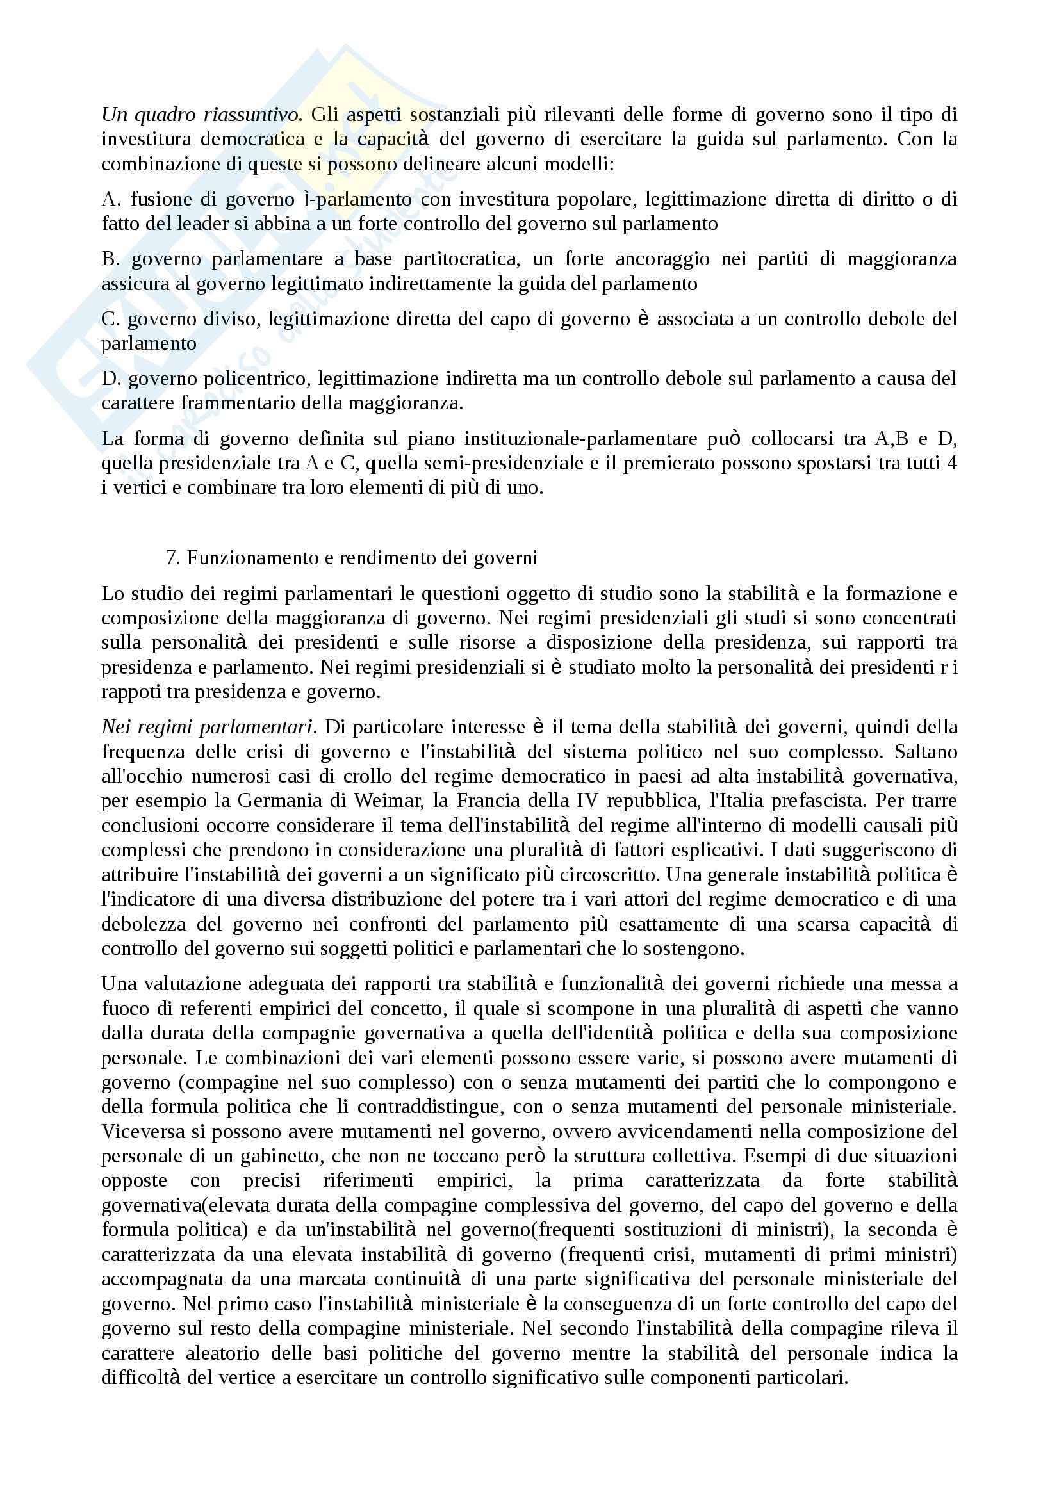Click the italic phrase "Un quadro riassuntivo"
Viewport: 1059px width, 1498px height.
(201, 115)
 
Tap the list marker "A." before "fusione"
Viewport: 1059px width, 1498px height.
(111, 199)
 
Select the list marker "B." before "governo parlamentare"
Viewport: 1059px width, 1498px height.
(111, 259)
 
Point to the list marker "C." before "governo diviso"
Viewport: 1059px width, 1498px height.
(110, 319)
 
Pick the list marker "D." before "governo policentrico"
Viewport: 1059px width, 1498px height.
(110, 379)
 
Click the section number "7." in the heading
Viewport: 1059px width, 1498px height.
(172, 558)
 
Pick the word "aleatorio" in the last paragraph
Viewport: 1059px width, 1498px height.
(222, 1353)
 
